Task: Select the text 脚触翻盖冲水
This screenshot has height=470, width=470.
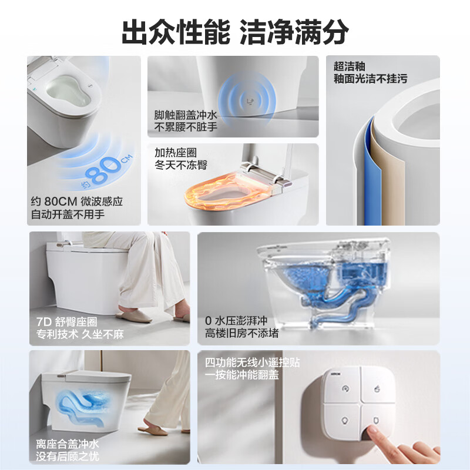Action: pyautogui.click(x=186, y=116)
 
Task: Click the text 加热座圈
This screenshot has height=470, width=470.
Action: pyautogui.click(x=176, y=153)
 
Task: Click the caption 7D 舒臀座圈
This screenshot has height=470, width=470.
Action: pyautogui.click(x=66, y=322)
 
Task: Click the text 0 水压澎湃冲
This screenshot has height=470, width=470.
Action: pyautogui.click(x=236, y=321)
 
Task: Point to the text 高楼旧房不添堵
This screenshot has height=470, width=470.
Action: pyautogui.click(x=242, y=334)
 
